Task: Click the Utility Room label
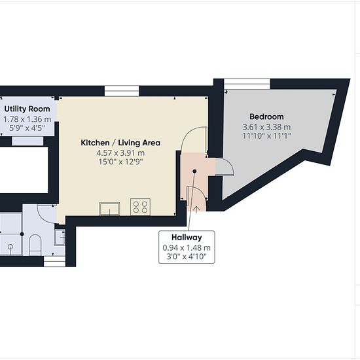click(x=27, y=109)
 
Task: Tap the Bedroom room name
click(x=266, y=117)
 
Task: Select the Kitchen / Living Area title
click(x=120, y=143)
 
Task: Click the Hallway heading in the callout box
click(x=187, y=238)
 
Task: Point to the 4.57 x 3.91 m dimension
click(x=120, y=153)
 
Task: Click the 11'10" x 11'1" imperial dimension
click(x=266, y=135)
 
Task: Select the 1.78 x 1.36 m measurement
click(x=27, y=119)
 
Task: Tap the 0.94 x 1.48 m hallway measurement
click(x=187, y=247)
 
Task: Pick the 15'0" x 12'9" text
click(x=120, y=162)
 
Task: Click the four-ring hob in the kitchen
click(x=140, y=207)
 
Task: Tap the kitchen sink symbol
click(x=109, y=209)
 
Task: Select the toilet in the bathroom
click(x=35, y=245)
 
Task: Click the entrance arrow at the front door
click(x=197, y=209)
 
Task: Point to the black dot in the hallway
click(x=194, y=171)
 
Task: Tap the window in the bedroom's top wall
click(x=247, y=84)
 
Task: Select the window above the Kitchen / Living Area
click(x=122, y=91)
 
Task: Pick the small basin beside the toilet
click(x=60, y=238)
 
